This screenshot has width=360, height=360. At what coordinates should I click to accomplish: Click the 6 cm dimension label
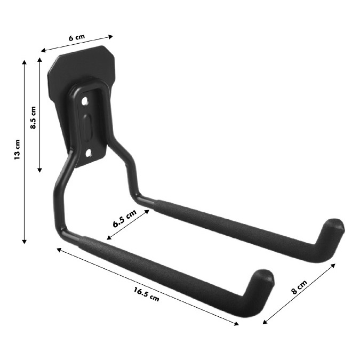click(x=77, y=37)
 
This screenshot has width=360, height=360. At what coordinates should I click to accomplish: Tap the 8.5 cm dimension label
click(x=33, y=117)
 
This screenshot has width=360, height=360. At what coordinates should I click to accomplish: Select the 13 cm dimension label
click(x=17, y=149)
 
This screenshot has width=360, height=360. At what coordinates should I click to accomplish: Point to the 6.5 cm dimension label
click(x=125, y=218)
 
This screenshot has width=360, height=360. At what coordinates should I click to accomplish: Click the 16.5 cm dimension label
click(x=147, y=294)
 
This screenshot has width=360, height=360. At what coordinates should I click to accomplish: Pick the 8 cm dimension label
click(x=299, y=287)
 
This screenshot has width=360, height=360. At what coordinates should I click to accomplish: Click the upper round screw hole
click(x=85, y=101)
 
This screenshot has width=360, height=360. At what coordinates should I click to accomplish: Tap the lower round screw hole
click(x=89, y=153)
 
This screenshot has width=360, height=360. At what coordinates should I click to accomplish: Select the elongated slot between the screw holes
click(x=87, y=127)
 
